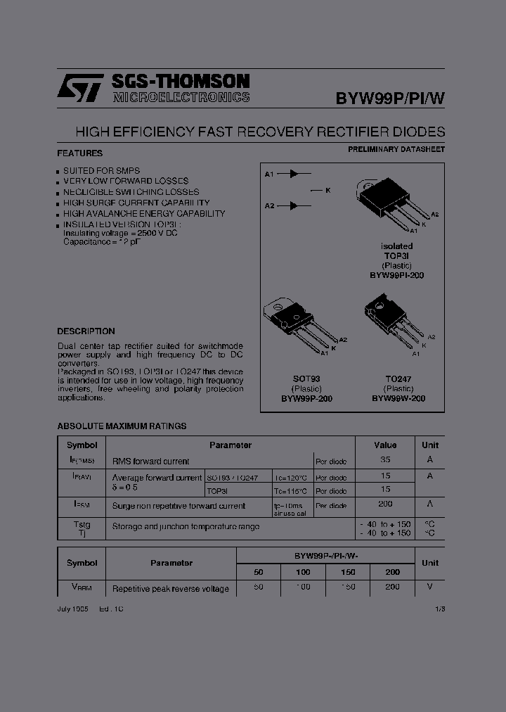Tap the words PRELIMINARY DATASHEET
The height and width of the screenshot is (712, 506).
pyautogui.click(x=396, y=149)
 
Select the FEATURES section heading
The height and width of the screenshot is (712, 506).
pyautogui.click(x=79, y=153)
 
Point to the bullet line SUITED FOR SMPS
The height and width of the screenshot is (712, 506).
pyautogui.click(x=101, y=170)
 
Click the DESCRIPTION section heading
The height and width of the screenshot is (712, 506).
pyautogui.click(x=86, y=331)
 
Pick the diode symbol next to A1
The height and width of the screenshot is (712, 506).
pyautogui.click(x=296, y=173)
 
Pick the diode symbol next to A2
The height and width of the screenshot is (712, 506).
pyautogui.click(x=296, y=205)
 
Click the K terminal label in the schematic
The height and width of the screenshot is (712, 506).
pyautogui.click(x=327, y=189)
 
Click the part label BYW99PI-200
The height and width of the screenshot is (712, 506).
pyautogui.click(x=396, y=276)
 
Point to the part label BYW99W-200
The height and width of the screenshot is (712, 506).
pyautogui.click(x=398, y=398)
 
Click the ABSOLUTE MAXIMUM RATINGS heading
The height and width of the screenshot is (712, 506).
pyautogui.click(x=122, y=426)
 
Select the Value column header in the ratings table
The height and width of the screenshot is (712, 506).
pyautogui.click(x=385, y=445)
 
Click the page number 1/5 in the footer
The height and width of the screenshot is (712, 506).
pyautogui.click(x=441, y=608)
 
